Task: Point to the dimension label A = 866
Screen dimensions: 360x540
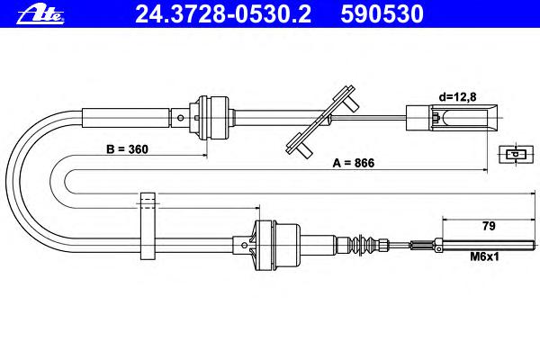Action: point(353,164)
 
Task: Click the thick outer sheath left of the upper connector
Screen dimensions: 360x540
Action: point(126,116)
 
